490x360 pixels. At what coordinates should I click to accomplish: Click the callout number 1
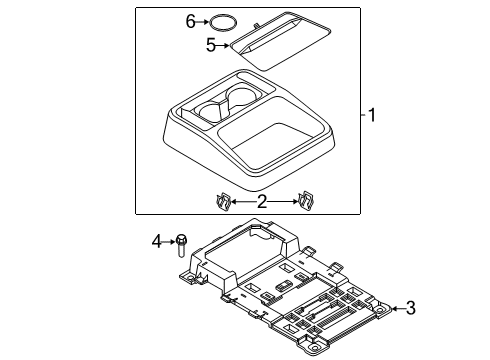coord(372,115)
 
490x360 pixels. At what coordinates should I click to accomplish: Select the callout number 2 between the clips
coord(261,201)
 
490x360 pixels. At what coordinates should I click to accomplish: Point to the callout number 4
coord(156,240)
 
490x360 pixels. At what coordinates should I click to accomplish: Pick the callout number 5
coord(210,45)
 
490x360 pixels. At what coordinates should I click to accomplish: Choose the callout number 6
coord(191,20)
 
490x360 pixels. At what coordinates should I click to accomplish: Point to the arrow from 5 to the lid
coord(224,45)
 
